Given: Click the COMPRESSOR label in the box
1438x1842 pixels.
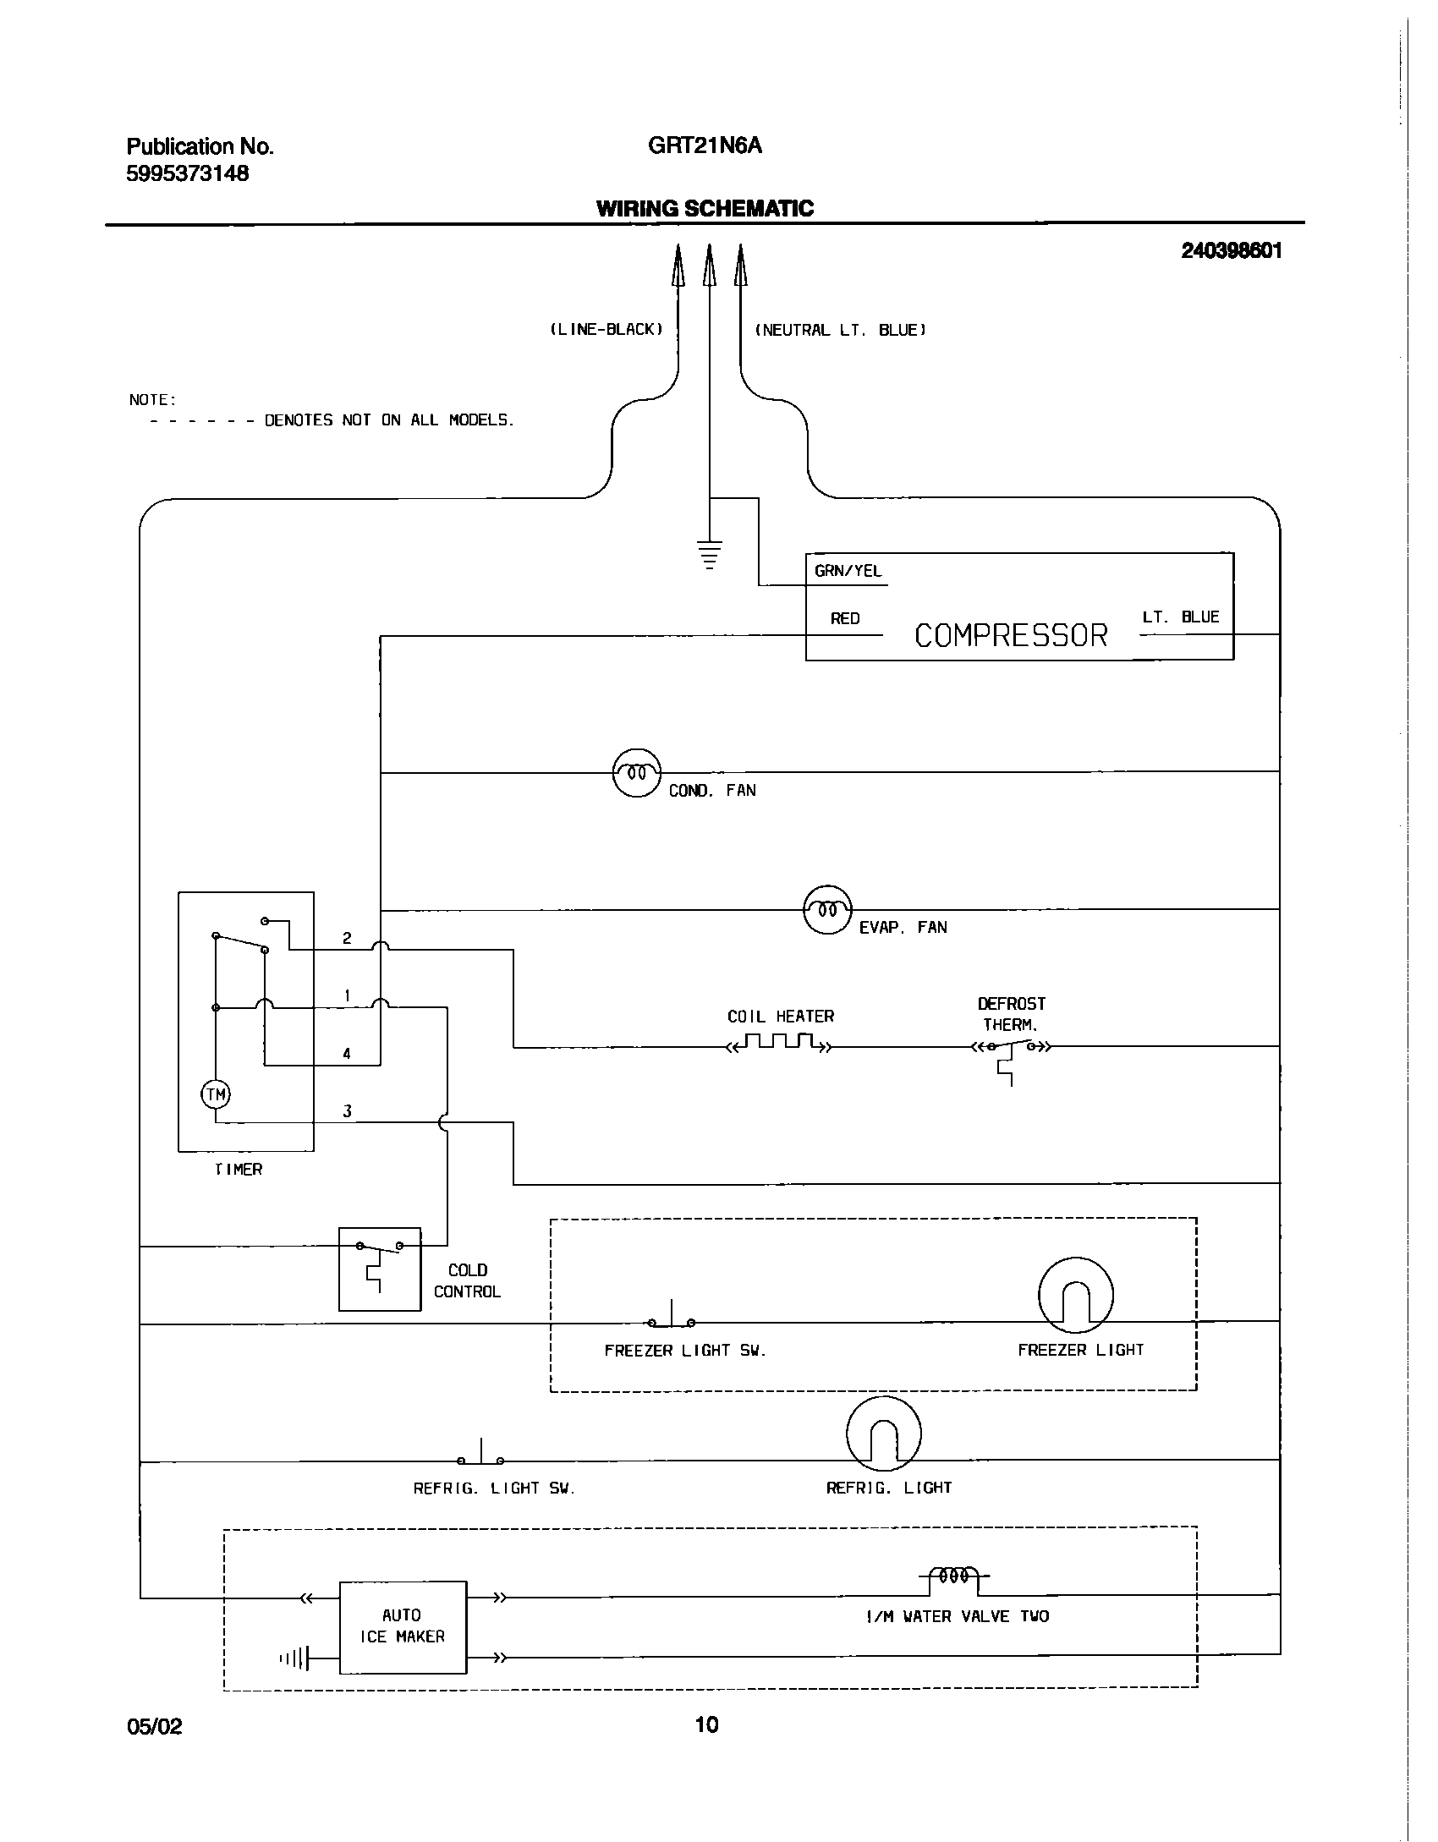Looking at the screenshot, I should (1011, 635).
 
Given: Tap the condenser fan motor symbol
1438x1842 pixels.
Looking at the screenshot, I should (636, 772).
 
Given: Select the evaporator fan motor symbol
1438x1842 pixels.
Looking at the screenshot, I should (826, 909).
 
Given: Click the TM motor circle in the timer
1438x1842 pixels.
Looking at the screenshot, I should (216, 1095).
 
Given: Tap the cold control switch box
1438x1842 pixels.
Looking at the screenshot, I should (380, 1269).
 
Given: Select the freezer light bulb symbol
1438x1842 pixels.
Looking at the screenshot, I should (1075, 1296).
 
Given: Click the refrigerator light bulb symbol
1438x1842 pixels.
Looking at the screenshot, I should (883, 1434).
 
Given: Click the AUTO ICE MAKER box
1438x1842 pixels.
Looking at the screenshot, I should (403, 1626).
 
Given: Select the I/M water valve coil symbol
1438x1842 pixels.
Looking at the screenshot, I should (954, 1576).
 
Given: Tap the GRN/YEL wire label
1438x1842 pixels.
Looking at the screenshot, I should (848, 571).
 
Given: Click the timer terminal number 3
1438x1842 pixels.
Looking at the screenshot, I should (347, 1111).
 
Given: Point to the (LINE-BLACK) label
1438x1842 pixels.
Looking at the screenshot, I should (606, 330).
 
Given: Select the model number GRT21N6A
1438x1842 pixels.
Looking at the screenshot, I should (705, 146).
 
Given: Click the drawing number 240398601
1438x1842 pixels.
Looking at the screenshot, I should (1232, 251).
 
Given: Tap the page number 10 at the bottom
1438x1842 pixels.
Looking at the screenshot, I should (706, 1724).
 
